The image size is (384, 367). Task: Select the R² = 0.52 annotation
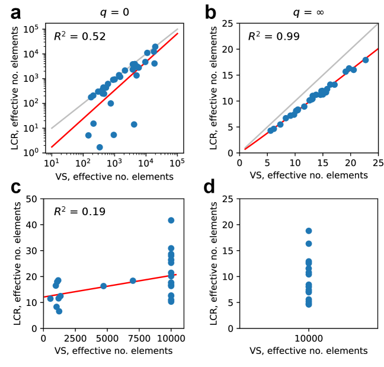click(80, 37)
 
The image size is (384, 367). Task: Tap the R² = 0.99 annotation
click(273, 37)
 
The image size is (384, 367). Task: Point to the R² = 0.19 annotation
click(80, 211)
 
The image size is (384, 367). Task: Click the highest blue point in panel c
click(171, 220)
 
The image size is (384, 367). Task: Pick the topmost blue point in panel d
click(309, 231)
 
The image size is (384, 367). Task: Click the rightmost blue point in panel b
click(365, 60)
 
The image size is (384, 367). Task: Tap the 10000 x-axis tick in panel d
click(309, 339)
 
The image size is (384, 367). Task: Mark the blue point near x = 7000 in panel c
click(133, 280)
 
